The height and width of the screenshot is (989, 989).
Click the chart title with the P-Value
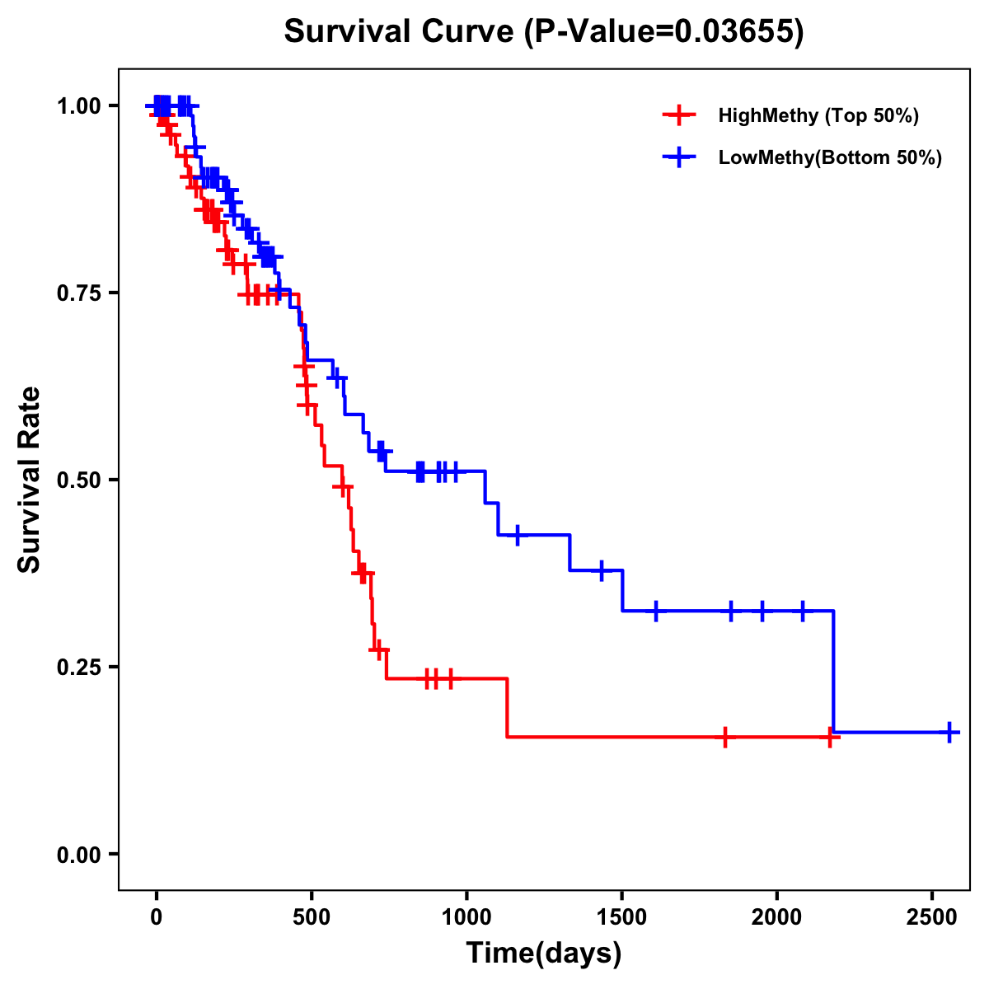pyautogui.click(x=544, y=32)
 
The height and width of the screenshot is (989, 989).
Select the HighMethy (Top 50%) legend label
pyautogui.click(x=818, y=115)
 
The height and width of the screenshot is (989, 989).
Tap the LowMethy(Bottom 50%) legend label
pyautogui.click(x=830, y=158)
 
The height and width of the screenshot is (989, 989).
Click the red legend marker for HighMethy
pyautogui.click(x=677, y=115)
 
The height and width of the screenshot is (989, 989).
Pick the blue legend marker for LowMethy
pyautogui.click(x=677, y=158)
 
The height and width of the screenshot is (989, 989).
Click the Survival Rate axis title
pyautogui.click(x=30, y=480)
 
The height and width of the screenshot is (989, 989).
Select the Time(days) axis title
pyautogui.click(x=544, y=954)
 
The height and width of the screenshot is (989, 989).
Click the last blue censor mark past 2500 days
pyautogui.click(x=949, y=732)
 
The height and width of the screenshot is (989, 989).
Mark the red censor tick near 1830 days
pyautogui.click(x=724, y=737)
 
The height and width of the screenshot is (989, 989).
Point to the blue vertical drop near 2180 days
pyautogui.click(x=833, y=672)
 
